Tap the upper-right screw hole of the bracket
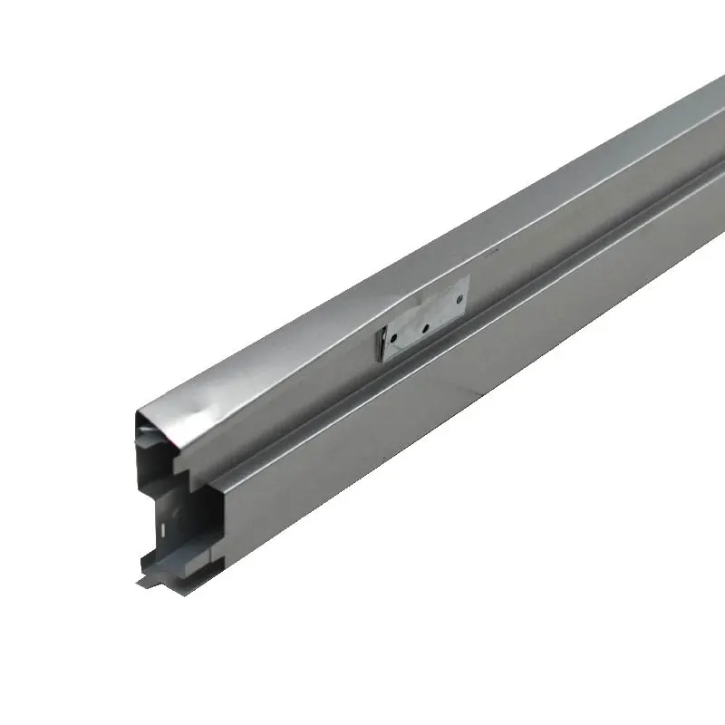click(x=459, y=296)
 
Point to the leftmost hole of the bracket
click(x=394, y=340)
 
